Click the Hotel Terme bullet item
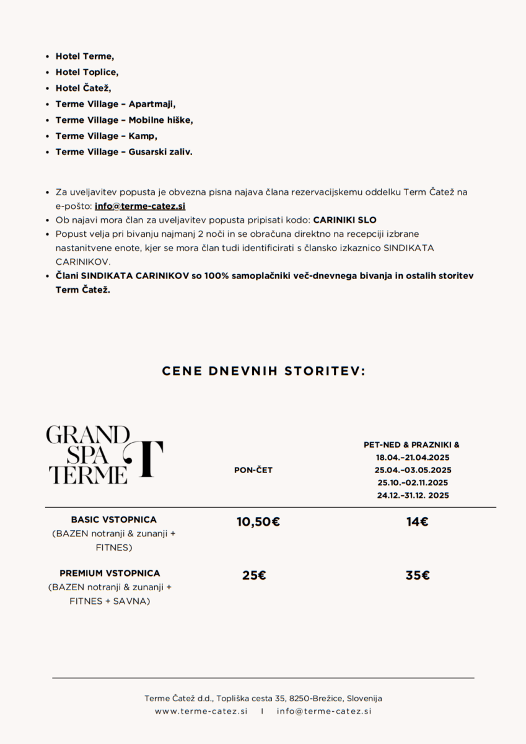[x=84, y=56]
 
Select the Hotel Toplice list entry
[x=87, y=72]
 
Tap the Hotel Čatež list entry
[x=83, y=88]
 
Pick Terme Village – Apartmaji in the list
[x=115, y=104]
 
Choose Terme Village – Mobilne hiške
[x=124, y=120]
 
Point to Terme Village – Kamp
[x=106, y=136]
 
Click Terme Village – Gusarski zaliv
[x=124, y=152]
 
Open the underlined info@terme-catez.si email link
[x=140, y=206]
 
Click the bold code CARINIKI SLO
[x=345, y=220]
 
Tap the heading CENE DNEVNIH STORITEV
[x=263, y=371]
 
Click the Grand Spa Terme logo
[x=104, y=455]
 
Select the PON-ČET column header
[x=253, y=470]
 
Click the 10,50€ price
[x=258, y=522]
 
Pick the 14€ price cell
[x=418, y=522]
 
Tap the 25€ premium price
[x=254, y=575]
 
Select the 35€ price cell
[x=418, y=575]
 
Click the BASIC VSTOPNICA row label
[x=114, y=520]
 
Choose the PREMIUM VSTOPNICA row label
[x=110, y=573]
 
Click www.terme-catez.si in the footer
[x=201, y=711]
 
